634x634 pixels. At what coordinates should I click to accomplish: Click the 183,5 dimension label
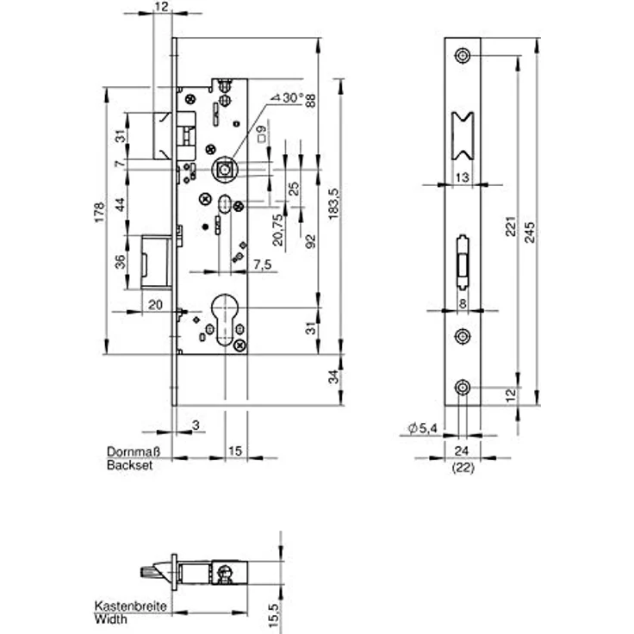334,204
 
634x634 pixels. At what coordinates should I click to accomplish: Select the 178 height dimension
99,211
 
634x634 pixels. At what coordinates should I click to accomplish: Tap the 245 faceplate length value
530,232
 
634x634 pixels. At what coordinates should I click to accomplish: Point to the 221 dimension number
511,227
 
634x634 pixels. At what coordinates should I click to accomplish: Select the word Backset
130,465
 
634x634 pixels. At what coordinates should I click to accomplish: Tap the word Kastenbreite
130,606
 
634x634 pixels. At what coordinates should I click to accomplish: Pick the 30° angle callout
289,98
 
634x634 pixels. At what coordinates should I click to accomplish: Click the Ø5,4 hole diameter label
423,428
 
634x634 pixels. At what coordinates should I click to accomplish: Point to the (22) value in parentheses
463,468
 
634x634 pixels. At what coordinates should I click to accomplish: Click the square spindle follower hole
224,170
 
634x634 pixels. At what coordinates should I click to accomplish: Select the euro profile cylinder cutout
225,320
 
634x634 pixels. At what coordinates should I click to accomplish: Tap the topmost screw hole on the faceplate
463,55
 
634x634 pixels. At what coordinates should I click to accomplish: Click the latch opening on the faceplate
463,136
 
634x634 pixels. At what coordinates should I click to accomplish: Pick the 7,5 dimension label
263,264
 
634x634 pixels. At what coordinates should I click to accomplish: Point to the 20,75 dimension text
277,230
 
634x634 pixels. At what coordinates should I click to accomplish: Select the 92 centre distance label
310,241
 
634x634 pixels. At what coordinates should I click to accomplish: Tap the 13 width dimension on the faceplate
463,177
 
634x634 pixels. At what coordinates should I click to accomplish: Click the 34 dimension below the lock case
333,376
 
